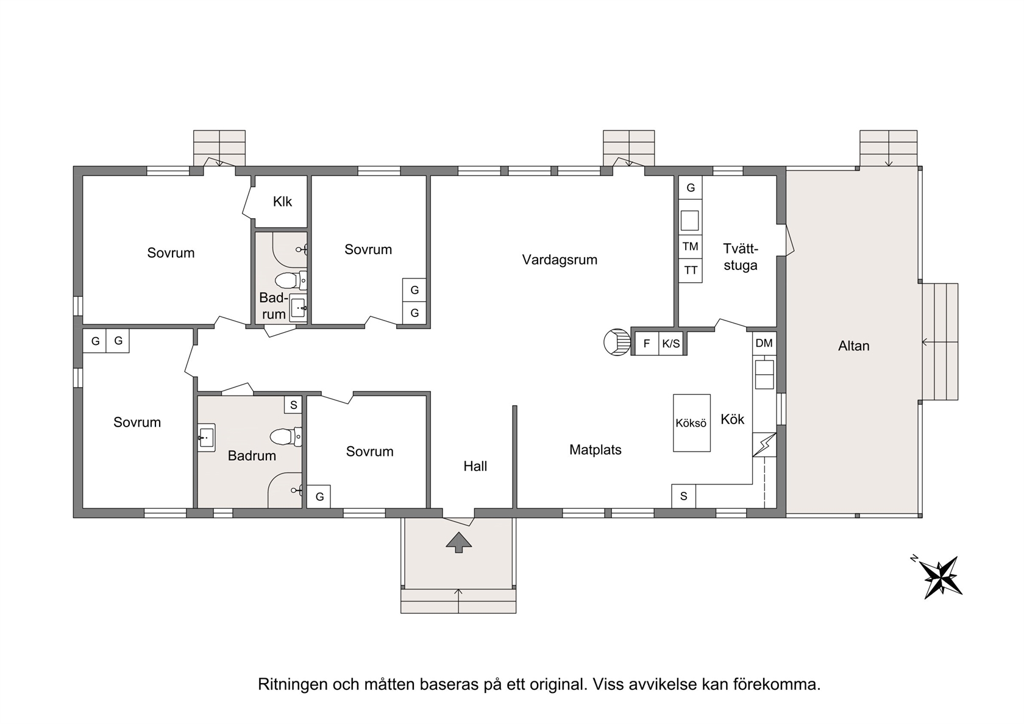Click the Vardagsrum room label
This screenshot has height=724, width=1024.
[x=560, y=260]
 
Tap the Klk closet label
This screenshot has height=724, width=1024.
[x=282, y=202]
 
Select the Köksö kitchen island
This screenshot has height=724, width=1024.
[x=692, y=423]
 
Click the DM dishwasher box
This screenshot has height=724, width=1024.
[x=764, y=343]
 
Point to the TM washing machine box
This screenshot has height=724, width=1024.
[x=690, y=247]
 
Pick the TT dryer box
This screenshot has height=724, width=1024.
[x=690, y=271]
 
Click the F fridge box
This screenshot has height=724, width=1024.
[x=647, y=344]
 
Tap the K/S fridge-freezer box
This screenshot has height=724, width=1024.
[x=671, y=344]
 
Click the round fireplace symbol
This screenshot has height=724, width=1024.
[x=617, y=342]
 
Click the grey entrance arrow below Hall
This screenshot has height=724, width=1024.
[x=458, y=542]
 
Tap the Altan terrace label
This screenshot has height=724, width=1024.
[x=853, y=346]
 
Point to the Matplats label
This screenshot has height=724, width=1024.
[x=595, y=450]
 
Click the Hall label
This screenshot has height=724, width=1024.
[x=475, y=466]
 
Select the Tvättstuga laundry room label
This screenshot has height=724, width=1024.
[x=741, y=257]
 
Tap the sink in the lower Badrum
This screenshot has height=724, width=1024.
[x=207, y=438]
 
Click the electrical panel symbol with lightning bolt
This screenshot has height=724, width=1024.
[x=764, y=445]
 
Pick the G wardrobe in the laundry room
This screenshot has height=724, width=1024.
[x=690, y=188]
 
